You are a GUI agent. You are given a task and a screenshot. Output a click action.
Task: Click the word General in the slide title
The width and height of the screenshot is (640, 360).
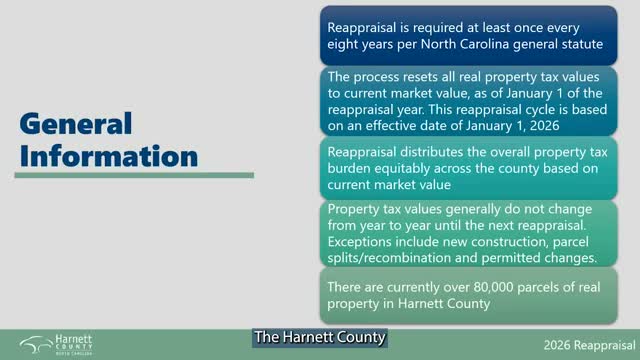pyautogui.click(x=76, y=124)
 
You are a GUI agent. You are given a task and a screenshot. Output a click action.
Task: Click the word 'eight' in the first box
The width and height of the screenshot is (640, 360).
pyautogui.click(x=346, y=44)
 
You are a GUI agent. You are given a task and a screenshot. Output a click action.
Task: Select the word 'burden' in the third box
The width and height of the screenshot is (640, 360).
pyautogui.click(x=353, y=168)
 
